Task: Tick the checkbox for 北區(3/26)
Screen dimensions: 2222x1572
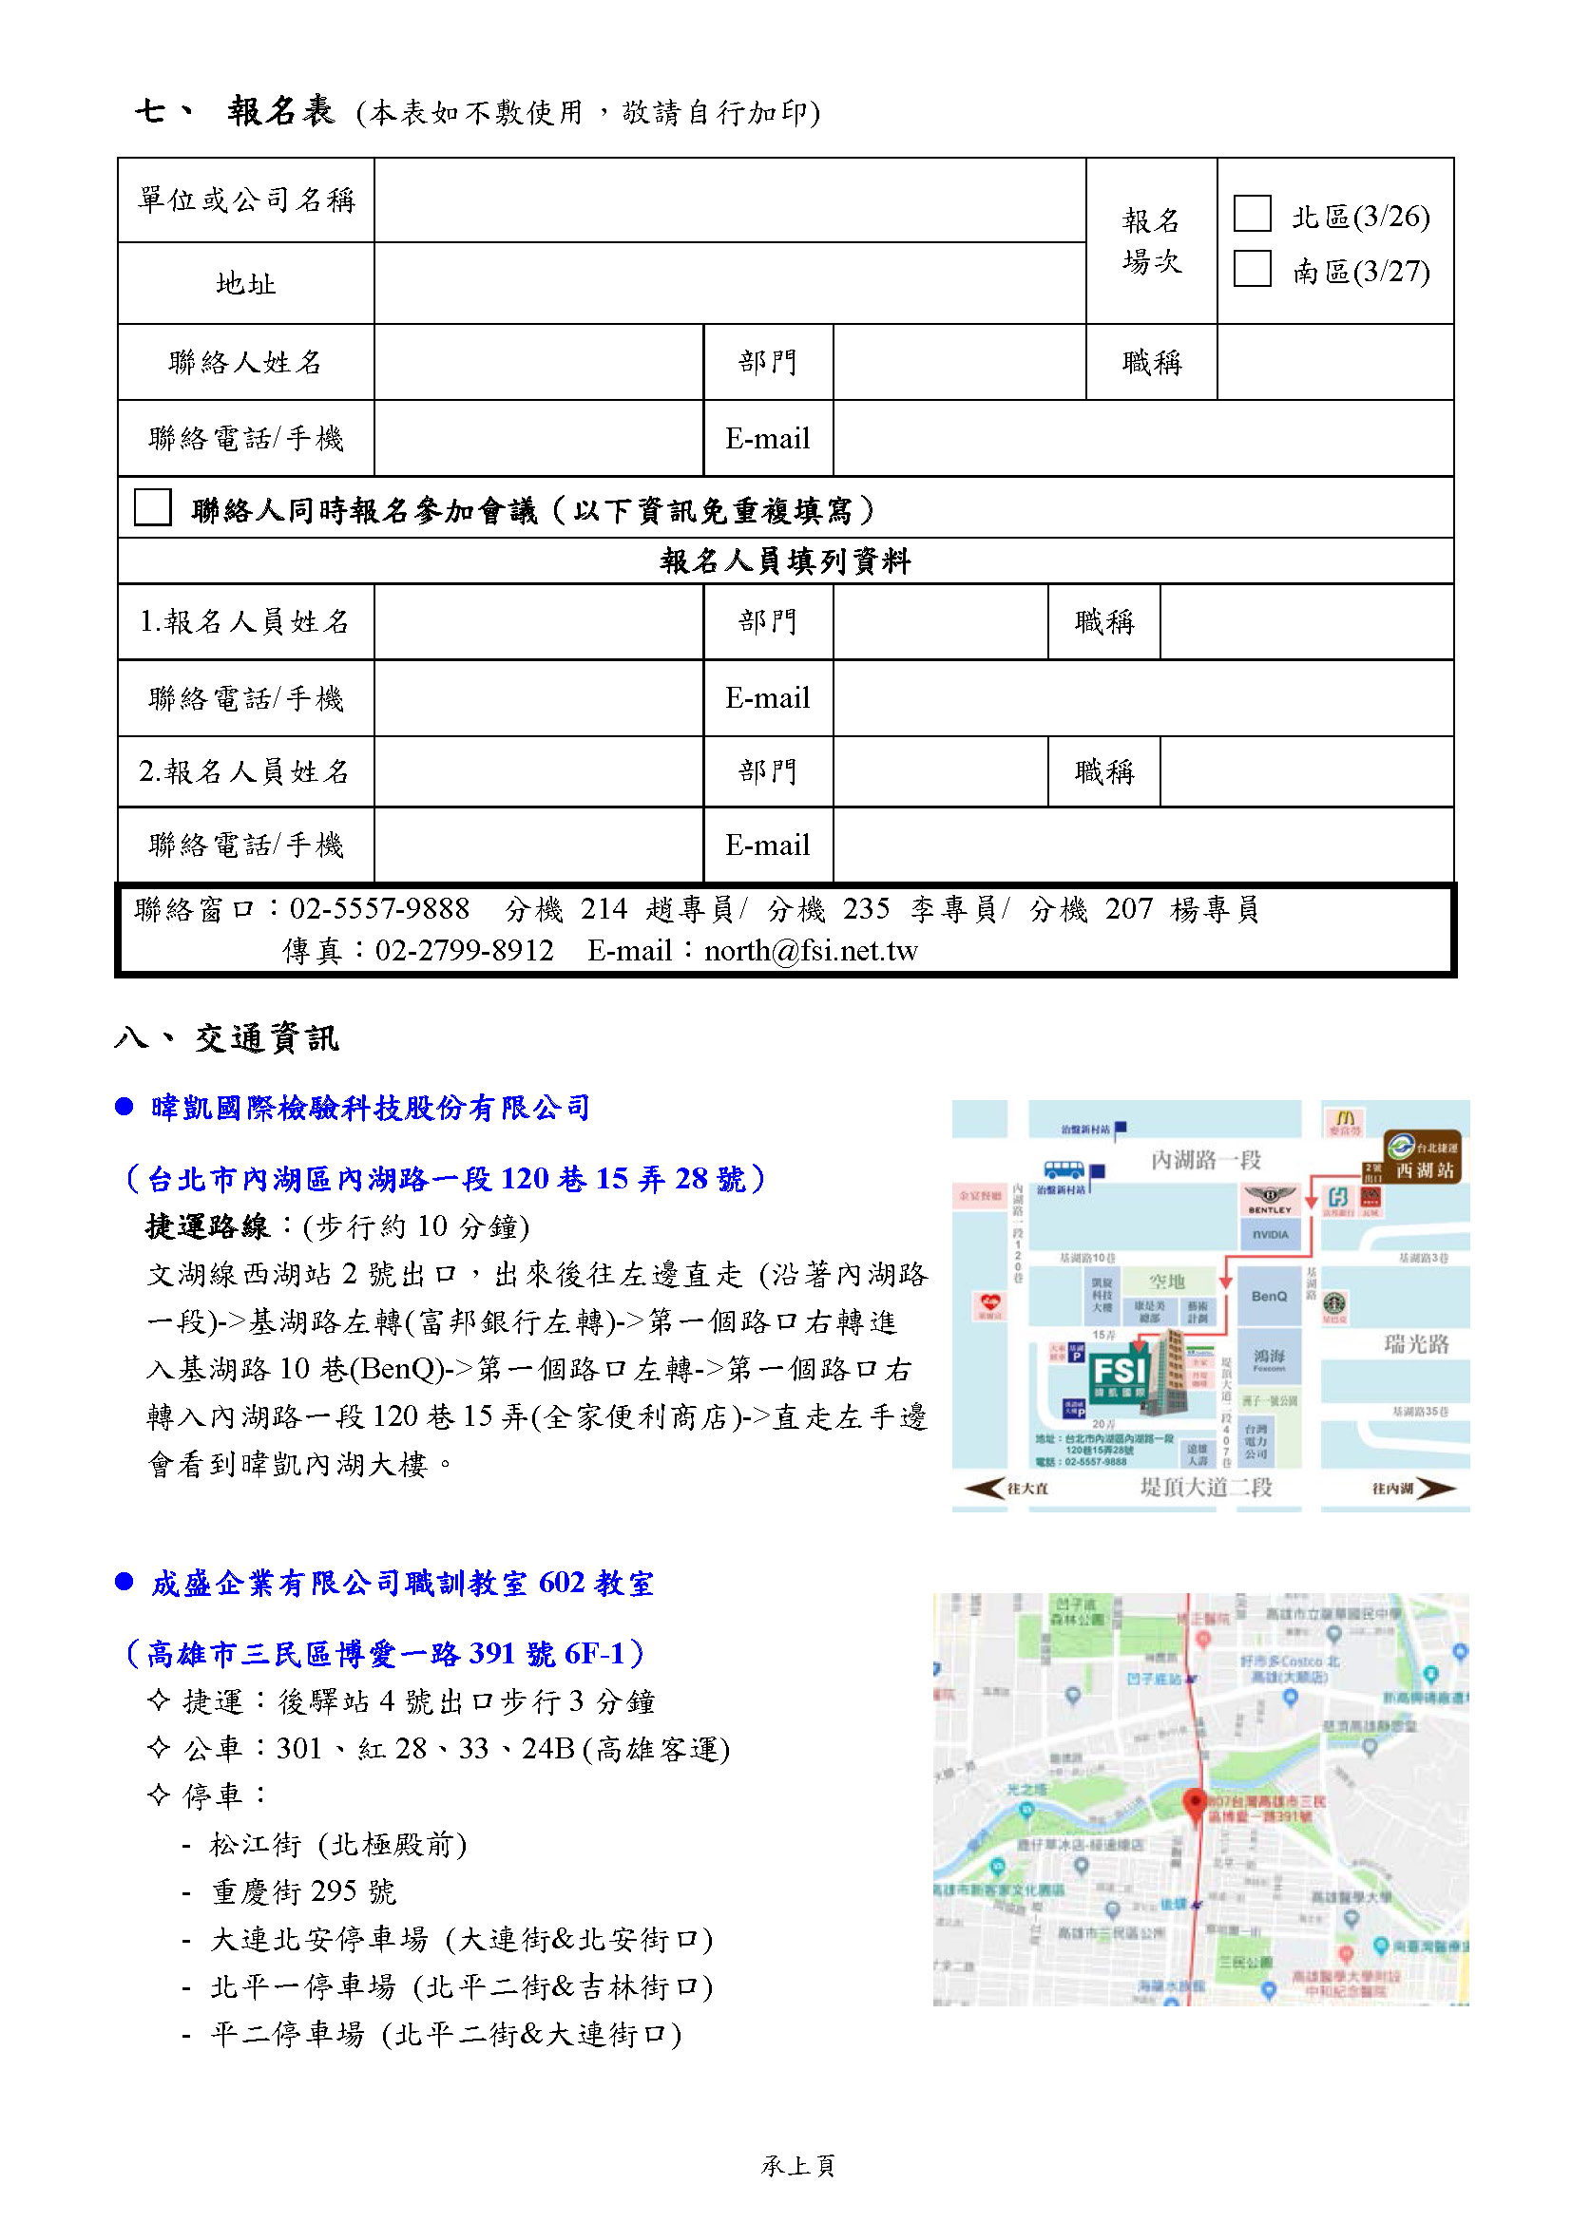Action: pyautogui.click(x=1252, y=214)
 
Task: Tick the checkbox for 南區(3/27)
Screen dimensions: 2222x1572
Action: pyautogui.click(x=1252, y=269)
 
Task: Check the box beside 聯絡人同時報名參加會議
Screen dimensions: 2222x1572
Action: pyautogui.click(x=153, y=507)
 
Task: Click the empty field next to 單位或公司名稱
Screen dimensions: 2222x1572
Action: pyautogui.click(x=729, y=199)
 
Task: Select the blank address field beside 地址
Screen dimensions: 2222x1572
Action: pyautogui.click(x=729, y=282)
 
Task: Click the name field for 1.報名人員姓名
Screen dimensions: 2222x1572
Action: pyautogui.click(x=538, y=621)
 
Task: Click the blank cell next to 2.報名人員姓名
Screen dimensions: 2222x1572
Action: pyautogui.click(x=538, y=771)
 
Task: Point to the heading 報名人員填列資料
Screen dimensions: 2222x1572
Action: pyautogui.click(x=785, y=561)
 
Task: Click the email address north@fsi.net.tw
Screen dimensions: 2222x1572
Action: pyautogui.click(x=810, y=950)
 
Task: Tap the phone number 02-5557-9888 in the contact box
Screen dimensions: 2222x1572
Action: pyautogui.click(x=379, y=909)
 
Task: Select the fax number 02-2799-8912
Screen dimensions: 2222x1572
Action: pyautogui.click(x=465, y=950)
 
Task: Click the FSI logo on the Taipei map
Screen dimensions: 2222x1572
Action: pyautogui.click(x=1119, y=1371)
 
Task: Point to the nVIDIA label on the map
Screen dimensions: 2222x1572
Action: pyautogui.click(x=1270, y=1234)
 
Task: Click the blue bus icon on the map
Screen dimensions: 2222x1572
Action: pyautogui.click(x=1064, y=1169)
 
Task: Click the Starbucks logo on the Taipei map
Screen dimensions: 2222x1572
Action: pyautogui.click(x=1334, y=1302)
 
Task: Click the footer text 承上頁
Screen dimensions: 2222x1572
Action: pyautogui.click(x=797, y=2165)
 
